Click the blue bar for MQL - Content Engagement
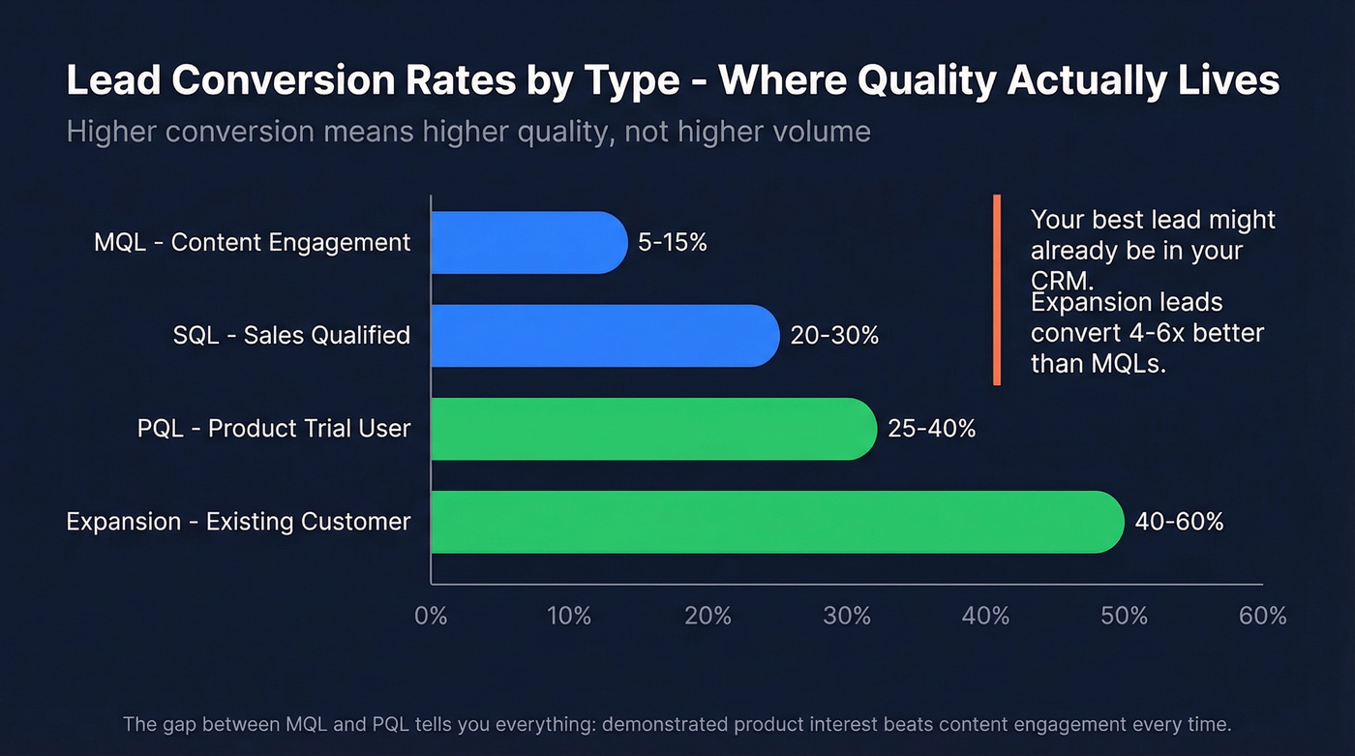coord(528,242)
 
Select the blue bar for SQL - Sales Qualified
coord(604,336)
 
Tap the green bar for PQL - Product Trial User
coord(652,429)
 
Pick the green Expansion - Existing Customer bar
coord(776,522)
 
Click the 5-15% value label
coord(673,242)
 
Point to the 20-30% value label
coord(834,336)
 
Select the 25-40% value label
coord(931,429)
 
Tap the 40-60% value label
coord(1179,522)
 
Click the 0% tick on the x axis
coord(431,616)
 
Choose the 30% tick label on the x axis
coord(847,616)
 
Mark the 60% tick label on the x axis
coord(1263,616)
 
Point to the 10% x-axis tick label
coord(569,616)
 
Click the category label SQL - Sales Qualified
coord(291,336)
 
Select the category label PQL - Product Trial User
coord(274,429)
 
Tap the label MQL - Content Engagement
coord(252,242)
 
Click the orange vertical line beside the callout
coord(996,289)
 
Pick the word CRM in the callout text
coord(1058,280)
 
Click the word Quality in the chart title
coord(920,81)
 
